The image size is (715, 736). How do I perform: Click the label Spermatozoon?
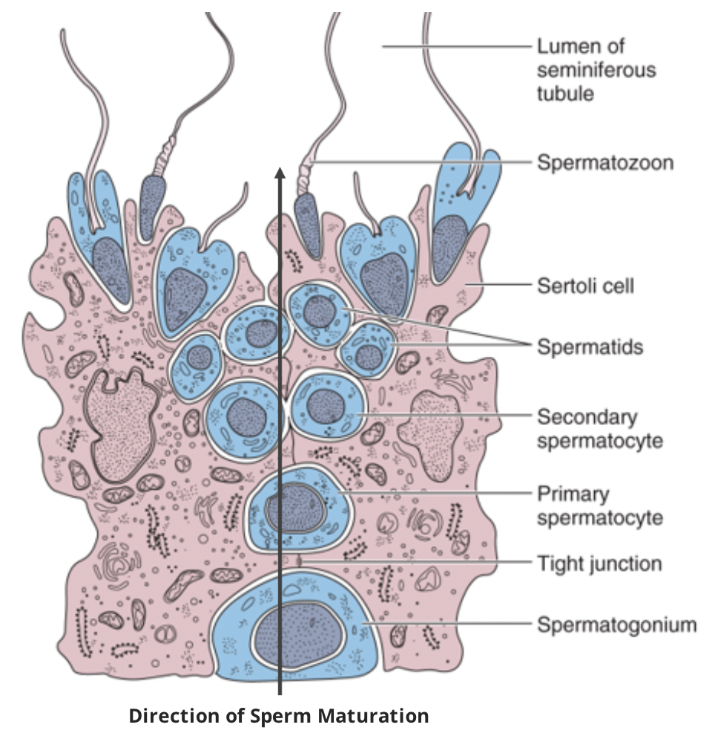(605, 162)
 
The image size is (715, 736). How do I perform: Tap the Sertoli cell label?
(585, 285)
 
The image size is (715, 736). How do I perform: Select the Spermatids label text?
(590, 346)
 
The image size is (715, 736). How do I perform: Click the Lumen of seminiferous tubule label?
(596, 70)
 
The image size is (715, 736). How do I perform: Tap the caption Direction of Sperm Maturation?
(279, 716)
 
